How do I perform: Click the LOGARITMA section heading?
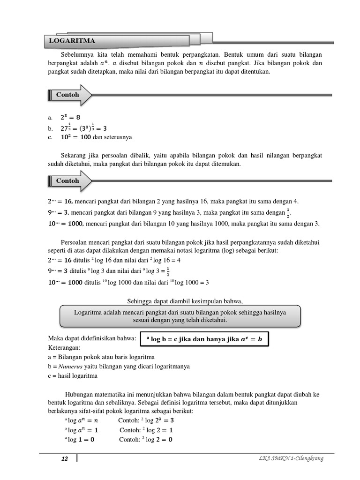(72, 41)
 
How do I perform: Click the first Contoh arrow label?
(68, 95)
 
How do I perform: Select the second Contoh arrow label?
(68, 180)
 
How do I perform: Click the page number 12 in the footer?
(65, 458)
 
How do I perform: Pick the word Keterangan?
(65, 348)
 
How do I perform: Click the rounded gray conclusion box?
(180, 316)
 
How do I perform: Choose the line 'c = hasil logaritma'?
(73, 375)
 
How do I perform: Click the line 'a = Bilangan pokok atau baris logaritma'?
(101, 357)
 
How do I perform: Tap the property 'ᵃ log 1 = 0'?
(80, 440)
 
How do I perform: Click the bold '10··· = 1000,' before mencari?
(66, 224)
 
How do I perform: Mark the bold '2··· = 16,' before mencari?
(60, 201)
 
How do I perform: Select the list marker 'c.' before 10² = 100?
(50, 137)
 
